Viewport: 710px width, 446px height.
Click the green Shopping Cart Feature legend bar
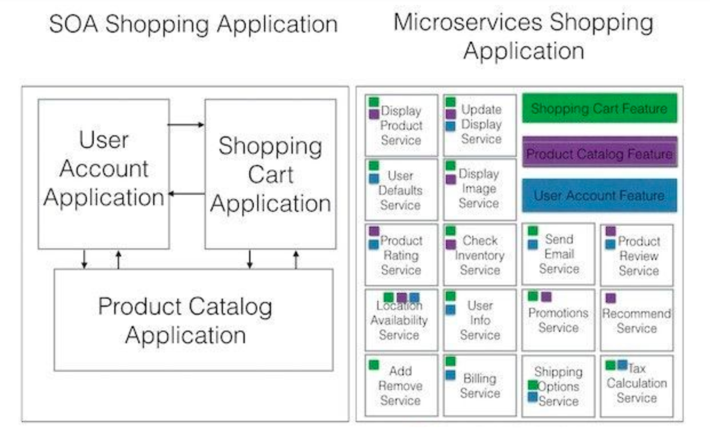tap(599, 108)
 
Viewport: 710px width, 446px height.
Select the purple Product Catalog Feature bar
tap(600, 152)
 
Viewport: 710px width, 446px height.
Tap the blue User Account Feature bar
tap(599, 195)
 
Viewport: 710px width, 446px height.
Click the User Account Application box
tap(103, 174)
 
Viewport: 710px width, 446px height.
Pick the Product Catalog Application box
tap(194, 320)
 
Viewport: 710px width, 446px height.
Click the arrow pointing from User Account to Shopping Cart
tap(186, 124)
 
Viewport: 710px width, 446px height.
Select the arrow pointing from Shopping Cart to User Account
tap(186, 194)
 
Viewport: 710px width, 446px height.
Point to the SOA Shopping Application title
tap(193, 24)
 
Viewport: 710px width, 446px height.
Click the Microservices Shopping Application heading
tap(523, 37)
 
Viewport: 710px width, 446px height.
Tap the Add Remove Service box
tap(401, 385)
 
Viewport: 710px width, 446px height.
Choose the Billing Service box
tap(480, 385)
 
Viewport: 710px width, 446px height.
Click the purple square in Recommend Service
tap(611, 298)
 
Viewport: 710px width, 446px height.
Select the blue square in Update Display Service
tap(450, 126)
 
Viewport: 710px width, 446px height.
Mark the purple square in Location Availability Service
tap(402, 298)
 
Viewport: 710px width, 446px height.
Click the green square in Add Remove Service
tap(374, 365)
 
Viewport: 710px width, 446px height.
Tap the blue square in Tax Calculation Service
tap(622, 365)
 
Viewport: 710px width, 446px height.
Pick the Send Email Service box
tap(558, 254)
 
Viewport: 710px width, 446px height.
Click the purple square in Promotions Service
tap(546, 296)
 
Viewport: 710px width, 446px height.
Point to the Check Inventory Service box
tap(480, 255)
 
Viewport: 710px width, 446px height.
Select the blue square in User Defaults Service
tap(374, 179)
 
